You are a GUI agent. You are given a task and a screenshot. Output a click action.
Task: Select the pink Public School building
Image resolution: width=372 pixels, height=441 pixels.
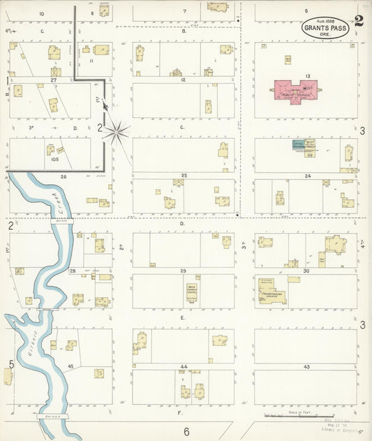click(295, 91)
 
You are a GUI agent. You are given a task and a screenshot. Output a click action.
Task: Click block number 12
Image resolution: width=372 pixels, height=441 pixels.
click(184, 80)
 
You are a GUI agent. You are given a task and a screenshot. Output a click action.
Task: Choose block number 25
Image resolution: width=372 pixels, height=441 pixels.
click(184, 174)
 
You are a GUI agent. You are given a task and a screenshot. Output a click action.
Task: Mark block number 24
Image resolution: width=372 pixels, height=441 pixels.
click(307, 176)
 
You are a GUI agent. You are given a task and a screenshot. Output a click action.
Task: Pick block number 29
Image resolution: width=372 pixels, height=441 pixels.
click(184, 270)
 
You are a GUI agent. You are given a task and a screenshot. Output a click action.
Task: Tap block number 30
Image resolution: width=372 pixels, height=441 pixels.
click(307, 270)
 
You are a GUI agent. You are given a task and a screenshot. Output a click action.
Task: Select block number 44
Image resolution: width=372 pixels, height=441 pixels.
click(184, 366)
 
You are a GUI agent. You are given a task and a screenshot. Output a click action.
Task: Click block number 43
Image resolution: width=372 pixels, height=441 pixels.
click(307, 366)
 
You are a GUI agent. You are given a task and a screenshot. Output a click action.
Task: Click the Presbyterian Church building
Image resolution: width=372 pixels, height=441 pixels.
click(273, 292)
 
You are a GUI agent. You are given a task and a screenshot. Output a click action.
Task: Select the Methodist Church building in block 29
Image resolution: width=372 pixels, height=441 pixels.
click(191, 292)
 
